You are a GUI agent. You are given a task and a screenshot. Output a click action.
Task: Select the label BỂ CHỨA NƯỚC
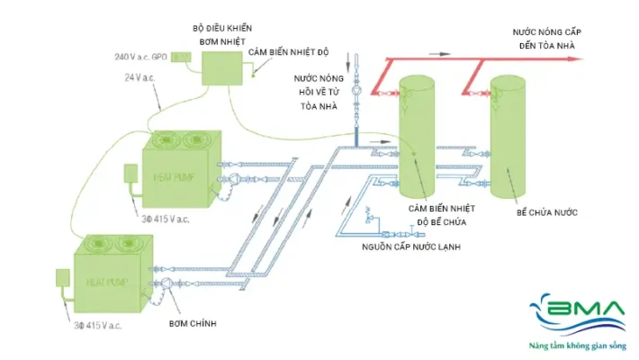click(x=546, y=212)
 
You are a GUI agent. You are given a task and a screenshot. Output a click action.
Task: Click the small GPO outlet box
click(x=181, y=57)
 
